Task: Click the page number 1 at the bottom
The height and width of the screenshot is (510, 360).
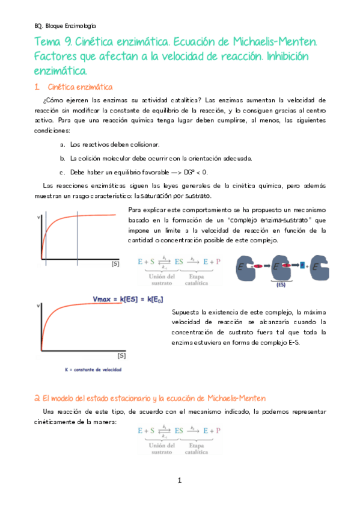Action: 179,481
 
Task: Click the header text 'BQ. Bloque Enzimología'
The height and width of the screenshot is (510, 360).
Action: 66,26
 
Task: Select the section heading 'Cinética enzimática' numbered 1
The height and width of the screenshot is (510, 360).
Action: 79,87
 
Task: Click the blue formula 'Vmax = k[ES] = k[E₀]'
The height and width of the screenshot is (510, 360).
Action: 128,300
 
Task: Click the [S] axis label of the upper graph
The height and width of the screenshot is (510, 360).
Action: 115,263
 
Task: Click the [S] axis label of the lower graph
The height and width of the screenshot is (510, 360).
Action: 121,355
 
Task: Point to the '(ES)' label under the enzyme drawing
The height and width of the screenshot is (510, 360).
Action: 281,285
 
